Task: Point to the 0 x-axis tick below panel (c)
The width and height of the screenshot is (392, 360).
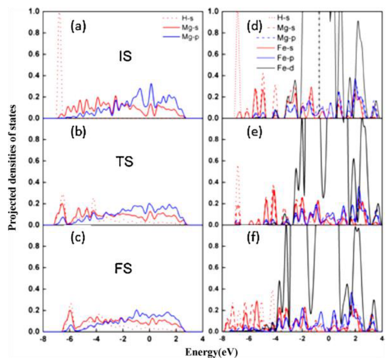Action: pyautogui.click(x=149, y=339)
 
